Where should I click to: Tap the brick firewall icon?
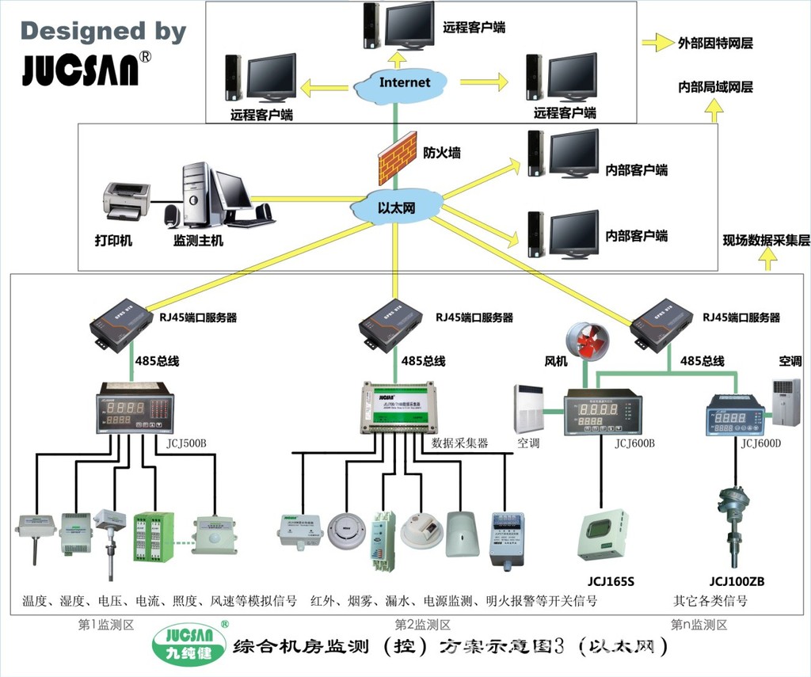[397, 158]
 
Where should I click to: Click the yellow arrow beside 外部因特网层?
[657, 44]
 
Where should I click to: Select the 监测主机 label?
[198, 240]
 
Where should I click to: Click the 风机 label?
[555, 361]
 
